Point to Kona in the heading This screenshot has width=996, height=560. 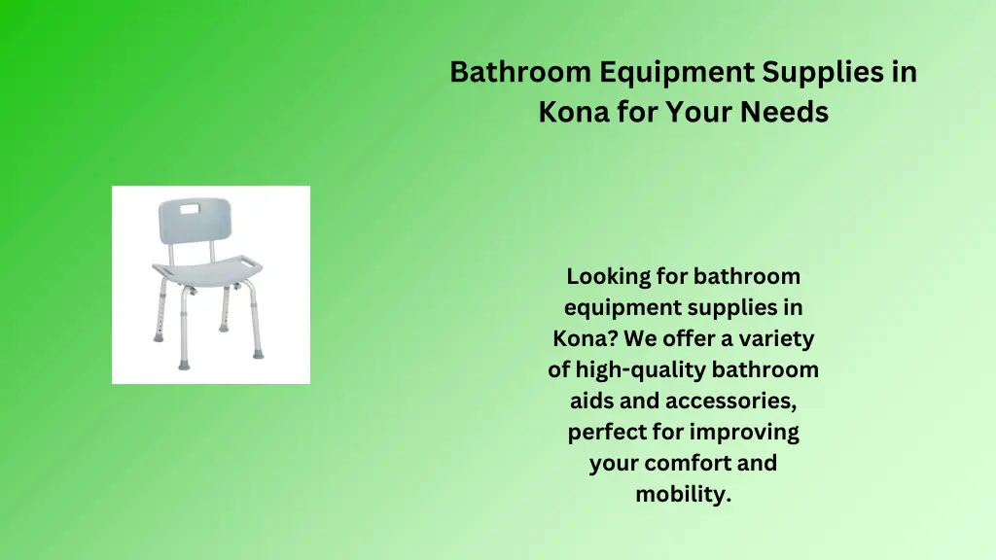tap(573, 113)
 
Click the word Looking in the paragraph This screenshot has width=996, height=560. tap(608, 277)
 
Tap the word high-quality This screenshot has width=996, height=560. tap(639, 370)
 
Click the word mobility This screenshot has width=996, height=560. tap(683, 494)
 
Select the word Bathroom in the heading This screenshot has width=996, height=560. tap(520, 73)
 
